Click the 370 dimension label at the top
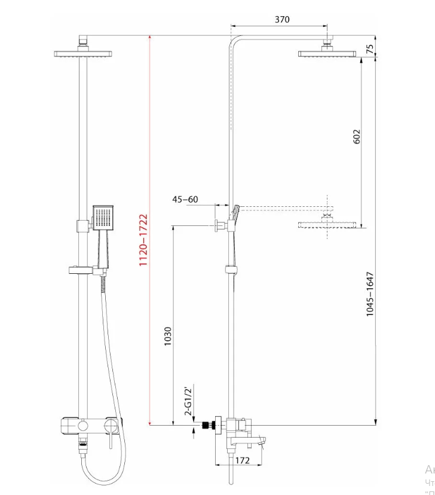click(x=282, y=19)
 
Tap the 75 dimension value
click(x=370, y=49)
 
